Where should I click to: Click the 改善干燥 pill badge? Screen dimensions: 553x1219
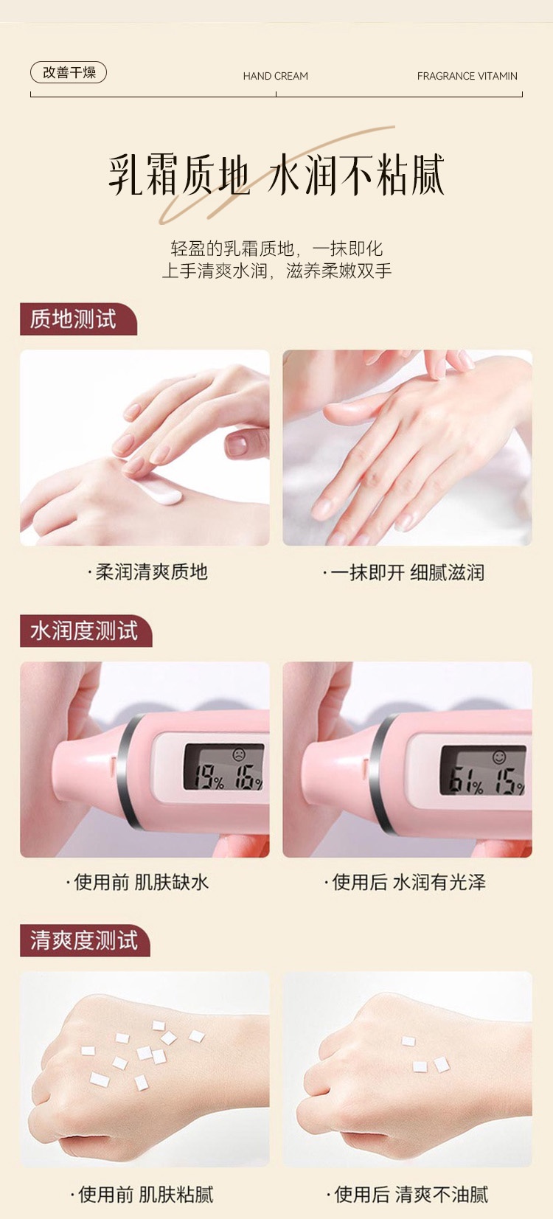tap(68, 72)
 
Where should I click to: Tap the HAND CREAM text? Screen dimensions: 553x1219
tap(276, 76)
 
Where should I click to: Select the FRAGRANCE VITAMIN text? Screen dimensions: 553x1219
tap(467, 76)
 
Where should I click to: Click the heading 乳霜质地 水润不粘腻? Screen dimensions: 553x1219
tap(276, 175)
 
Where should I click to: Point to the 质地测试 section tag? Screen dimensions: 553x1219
tap(78, 319)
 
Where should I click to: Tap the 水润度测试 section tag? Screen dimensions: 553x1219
tap(86, 631)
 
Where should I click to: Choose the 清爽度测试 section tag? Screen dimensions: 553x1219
tap(85, 940)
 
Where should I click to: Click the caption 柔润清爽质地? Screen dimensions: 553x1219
tap(148, 572)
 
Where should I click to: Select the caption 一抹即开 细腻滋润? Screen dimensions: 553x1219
tap(403, 572)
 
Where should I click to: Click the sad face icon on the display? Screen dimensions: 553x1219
tap(238, 755)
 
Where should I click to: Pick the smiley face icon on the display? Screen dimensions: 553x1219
tap(498, 757)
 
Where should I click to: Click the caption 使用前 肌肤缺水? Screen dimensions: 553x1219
tap(137, 882)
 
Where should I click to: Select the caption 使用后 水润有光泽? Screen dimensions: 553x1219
tap(405, 882)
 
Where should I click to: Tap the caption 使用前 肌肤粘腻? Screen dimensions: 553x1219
tap(142, 1195)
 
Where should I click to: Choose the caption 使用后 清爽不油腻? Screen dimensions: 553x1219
tap(407, 1195)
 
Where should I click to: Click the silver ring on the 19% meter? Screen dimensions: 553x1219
tap(128, 773)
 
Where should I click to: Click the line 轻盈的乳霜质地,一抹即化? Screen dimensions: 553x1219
tap(276, 249)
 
